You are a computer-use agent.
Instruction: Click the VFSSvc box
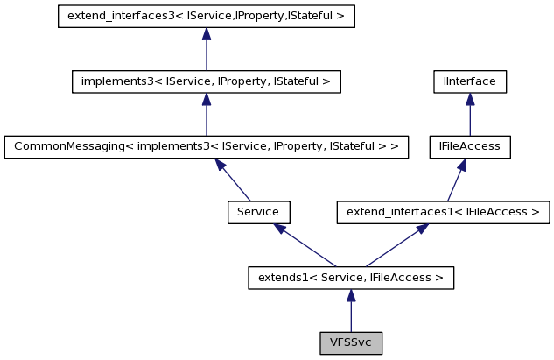(350, 342)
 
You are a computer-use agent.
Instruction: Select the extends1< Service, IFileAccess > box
(350, 278)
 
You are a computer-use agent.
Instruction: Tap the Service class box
(258, 212)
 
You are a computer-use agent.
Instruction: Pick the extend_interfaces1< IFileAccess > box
(444, 212)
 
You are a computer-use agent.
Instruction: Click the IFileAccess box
(470, 146)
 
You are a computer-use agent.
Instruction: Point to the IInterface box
(470, 81)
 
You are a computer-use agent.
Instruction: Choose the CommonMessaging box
(207, 146)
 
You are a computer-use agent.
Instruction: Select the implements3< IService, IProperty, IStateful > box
(206, 81)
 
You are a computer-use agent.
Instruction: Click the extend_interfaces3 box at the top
(206, 17)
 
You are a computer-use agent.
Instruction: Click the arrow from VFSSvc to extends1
(350, 312)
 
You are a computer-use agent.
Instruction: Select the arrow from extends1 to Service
(306, 246)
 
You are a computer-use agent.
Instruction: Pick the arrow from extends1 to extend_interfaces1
(394, 246)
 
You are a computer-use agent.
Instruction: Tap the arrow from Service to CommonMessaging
(235, 181)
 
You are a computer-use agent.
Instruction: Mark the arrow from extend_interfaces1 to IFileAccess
(455, 181)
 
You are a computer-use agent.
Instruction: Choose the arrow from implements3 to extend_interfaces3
(206, 51)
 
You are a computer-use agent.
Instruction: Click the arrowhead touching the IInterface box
(470, 99)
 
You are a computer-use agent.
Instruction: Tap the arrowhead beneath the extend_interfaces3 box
(206, 34)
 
